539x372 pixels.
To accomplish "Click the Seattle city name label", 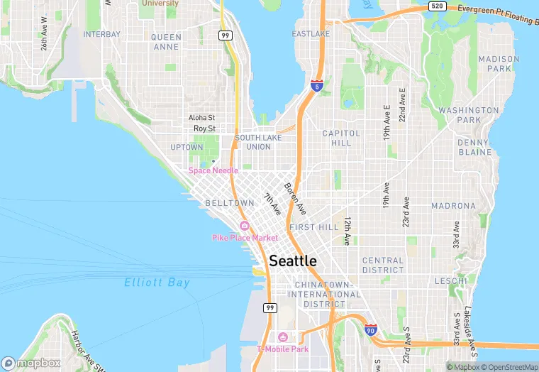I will point(292,261).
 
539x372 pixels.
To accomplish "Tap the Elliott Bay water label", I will point(157,283).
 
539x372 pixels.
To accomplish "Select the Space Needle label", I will point(213,170).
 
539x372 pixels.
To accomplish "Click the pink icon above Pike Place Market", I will point(244,226).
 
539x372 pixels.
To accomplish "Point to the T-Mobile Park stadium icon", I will point(282,337).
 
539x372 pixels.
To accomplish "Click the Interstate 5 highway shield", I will point(316,86).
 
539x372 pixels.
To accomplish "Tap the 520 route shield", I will point(437,6).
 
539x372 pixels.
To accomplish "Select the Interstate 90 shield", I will point(370,330).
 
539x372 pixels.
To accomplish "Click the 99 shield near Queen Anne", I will point(226,35).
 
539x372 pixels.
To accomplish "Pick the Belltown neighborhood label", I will point(229,203).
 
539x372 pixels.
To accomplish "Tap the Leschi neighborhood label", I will point(450,281).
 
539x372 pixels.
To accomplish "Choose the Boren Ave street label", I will point(294,199).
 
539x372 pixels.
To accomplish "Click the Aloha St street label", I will point(201,118).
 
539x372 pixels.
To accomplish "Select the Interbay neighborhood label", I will point(102,34).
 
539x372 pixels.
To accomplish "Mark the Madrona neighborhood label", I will point(453,206).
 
